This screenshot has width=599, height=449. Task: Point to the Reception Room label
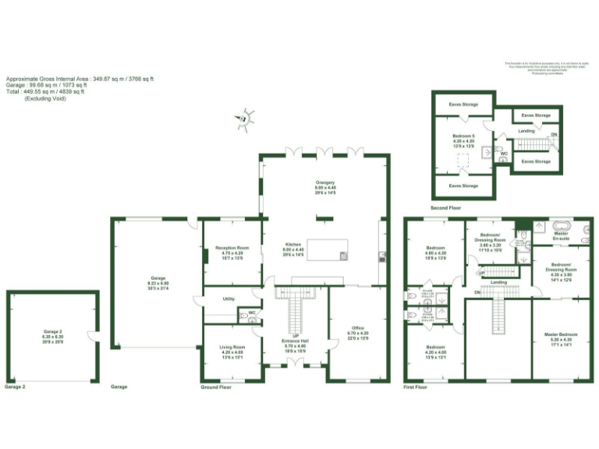[x=232, y=248]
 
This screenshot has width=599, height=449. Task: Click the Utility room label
[x=229, y=299]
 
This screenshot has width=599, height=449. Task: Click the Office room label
[x=358, y=328]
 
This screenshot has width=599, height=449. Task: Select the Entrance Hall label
[x=296, y=341]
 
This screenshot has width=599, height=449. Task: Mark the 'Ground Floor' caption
[x=215, y=387]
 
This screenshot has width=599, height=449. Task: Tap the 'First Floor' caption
[x=416, y=387]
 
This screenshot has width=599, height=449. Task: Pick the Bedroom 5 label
[x=463, y=136]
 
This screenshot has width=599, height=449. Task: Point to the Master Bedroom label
[x=562, y=334]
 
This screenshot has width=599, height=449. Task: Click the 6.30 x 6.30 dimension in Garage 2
[x=53, y=337]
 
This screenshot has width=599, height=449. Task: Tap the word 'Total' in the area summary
[x=13, y=91]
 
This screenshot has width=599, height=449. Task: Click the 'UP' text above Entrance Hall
[x=296, y=336]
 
